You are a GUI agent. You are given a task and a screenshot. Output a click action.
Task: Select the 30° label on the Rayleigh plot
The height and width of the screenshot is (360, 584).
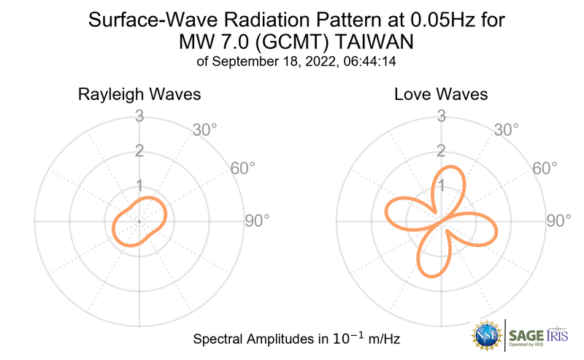tap(205, 130)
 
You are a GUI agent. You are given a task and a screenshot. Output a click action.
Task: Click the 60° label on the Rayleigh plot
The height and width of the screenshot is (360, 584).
tap(243, 168)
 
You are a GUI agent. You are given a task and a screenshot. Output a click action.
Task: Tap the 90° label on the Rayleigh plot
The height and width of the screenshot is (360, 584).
tap(256, 221)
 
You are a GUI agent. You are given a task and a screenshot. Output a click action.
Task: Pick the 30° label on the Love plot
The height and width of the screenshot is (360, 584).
tap(506, 130)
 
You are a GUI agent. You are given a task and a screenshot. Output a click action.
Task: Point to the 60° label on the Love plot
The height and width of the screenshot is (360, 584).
tap(545, 168)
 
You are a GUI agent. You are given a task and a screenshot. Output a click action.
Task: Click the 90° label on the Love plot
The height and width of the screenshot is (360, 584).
tap(558, 221)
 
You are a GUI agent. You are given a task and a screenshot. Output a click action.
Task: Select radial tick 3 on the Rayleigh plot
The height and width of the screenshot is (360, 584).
tap(139, 116)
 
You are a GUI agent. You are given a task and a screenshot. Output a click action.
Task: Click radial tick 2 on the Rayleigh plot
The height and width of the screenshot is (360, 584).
tap(139, 151)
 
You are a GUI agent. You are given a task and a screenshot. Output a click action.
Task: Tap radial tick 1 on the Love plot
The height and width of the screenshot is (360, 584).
tap(440, 185)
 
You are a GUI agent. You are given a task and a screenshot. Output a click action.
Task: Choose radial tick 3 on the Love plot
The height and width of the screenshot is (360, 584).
tap(440, 116)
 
